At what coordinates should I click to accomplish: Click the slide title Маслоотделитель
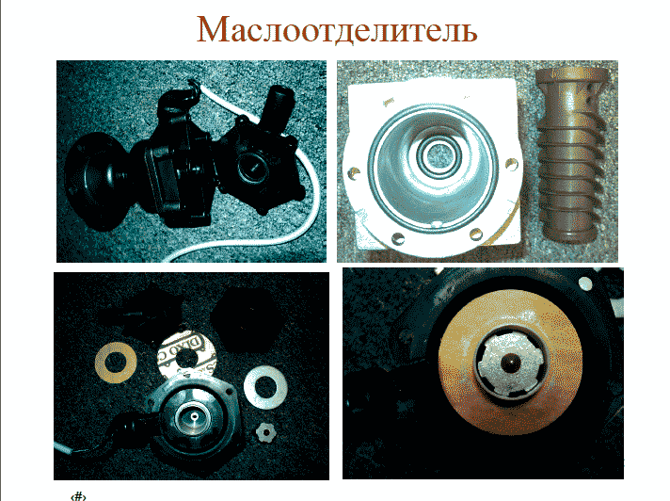[x=337, y=29]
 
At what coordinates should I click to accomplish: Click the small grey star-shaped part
[x=264, y=433]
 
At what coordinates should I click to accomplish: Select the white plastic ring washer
[x=265, y=387]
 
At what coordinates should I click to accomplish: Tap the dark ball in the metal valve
[x=509, y=364]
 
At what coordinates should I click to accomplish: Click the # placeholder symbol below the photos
[x=78, y=496]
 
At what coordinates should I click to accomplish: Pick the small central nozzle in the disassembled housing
[x=195, y=416]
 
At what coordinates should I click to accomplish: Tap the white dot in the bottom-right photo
[x=585, y=283]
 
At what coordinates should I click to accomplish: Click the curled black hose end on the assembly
[x=177, y=98]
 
